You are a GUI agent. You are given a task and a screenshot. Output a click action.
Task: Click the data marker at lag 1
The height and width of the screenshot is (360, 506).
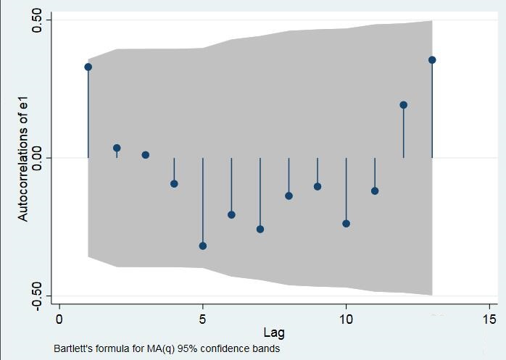88,67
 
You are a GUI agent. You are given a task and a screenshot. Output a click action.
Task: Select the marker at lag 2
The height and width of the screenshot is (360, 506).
117,148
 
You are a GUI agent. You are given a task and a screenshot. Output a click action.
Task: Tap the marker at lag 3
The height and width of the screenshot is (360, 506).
146,155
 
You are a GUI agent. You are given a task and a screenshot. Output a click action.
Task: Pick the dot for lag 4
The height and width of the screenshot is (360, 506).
174,184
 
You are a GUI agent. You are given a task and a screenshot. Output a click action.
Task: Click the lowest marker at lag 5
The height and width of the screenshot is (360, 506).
203,246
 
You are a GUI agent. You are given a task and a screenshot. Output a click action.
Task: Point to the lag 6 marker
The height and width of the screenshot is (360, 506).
231,214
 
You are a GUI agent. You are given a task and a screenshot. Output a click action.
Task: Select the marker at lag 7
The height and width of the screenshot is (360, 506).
260,229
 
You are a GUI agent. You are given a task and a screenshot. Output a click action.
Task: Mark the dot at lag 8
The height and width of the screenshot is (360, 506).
289,196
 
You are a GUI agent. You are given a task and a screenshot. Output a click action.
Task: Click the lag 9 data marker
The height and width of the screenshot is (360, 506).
318,186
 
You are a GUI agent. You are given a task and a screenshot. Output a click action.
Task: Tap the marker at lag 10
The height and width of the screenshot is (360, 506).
346,224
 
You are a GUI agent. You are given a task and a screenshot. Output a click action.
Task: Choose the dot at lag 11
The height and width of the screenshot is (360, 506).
375,191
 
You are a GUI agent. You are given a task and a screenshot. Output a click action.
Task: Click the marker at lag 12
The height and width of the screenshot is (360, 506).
403,105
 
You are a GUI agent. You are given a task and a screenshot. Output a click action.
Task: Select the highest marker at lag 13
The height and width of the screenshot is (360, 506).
432,60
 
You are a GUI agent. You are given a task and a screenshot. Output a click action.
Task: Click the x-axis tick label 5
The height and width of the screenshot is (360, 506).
203,319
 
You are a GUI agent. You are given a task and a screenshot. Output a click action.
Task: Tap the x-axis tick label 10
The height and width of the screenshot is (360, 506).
346,319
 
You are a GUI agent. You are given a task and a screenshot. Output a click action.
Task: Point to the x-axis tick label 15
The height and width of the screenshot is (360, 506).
489,319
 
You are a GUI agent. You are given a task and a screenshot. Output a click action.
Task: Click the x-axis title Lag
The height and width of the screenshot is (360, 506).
274,333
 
